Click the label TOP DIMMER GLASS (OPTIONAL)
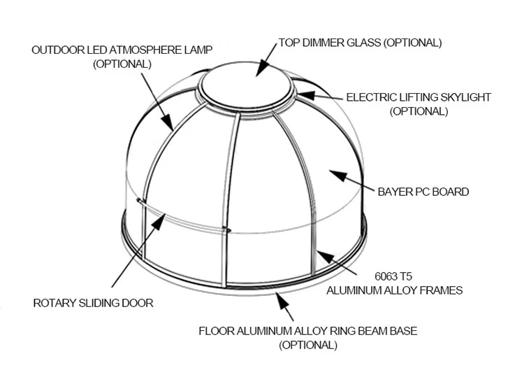pyautogui.click(x=360, y=43)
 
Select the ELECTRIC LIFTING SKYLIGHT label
pyautogui.click(x=419, y=97)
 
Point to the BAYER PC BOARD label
pyautogui.click(x=423, y=192)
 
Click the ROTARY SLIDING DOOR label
pyautogui.click(x=93, y=303)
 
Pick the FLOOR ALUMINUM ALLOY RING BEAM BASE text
pyautogui.click(x=308, y=331)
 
